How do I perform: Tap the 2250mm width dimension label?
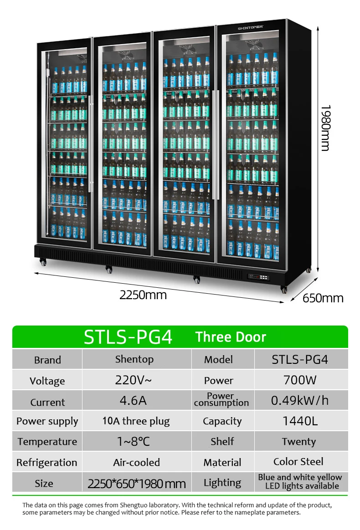coord(143,295)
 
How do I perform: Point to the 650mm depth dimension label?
coord(323,298)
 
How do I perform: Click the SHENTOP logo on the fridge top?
coord(251,28)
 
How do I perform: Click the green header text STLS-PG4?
coord(128,337)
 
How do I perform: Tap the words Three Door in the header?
coord(231,337)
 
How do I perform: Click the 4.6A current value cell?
coord(133,400)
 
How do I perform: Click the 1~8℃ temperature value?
coord(133,441)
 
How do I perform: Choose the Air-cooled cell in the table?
coord(136,463)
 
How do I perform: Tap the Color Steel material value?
coord(298,462)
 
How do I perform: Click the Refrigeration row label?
coord(46,463)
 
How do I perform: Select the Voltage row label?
coord(47,381)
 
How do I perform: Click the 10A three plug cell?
coord(136,421)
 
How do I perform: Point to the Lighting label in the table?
coord(222,483)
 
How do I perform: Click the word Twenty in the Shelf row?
coord(298,442)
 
